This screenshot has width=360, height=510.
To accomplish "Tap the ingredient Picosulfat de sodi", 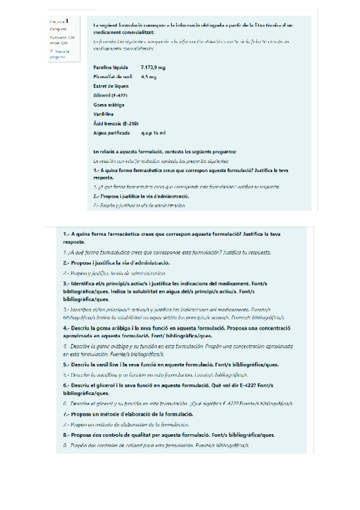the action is pos(113,77).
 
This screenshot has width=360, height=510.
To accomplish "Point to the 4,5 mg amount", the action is pos(148,77).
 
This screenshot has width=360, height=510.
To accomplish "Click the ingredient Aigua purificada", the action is pos(111,132).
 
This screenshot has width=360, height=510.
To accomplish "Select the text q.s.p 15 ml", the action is pos(153,132).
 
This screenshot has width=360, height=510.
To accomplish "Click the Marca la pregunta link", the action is pos(58,55).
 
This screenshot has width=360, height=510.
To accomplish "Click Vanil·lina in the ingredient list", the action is pos(105,114).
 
